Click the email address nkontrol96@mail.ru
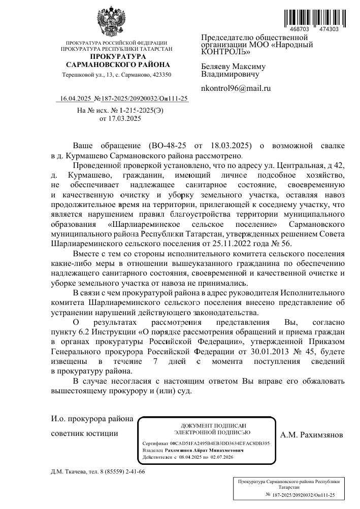[236, 88]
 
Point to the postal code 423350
[161, 75]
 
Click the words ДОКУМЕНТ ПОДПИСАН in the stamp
[207, 425]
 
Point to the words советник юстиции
[85, 434]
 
